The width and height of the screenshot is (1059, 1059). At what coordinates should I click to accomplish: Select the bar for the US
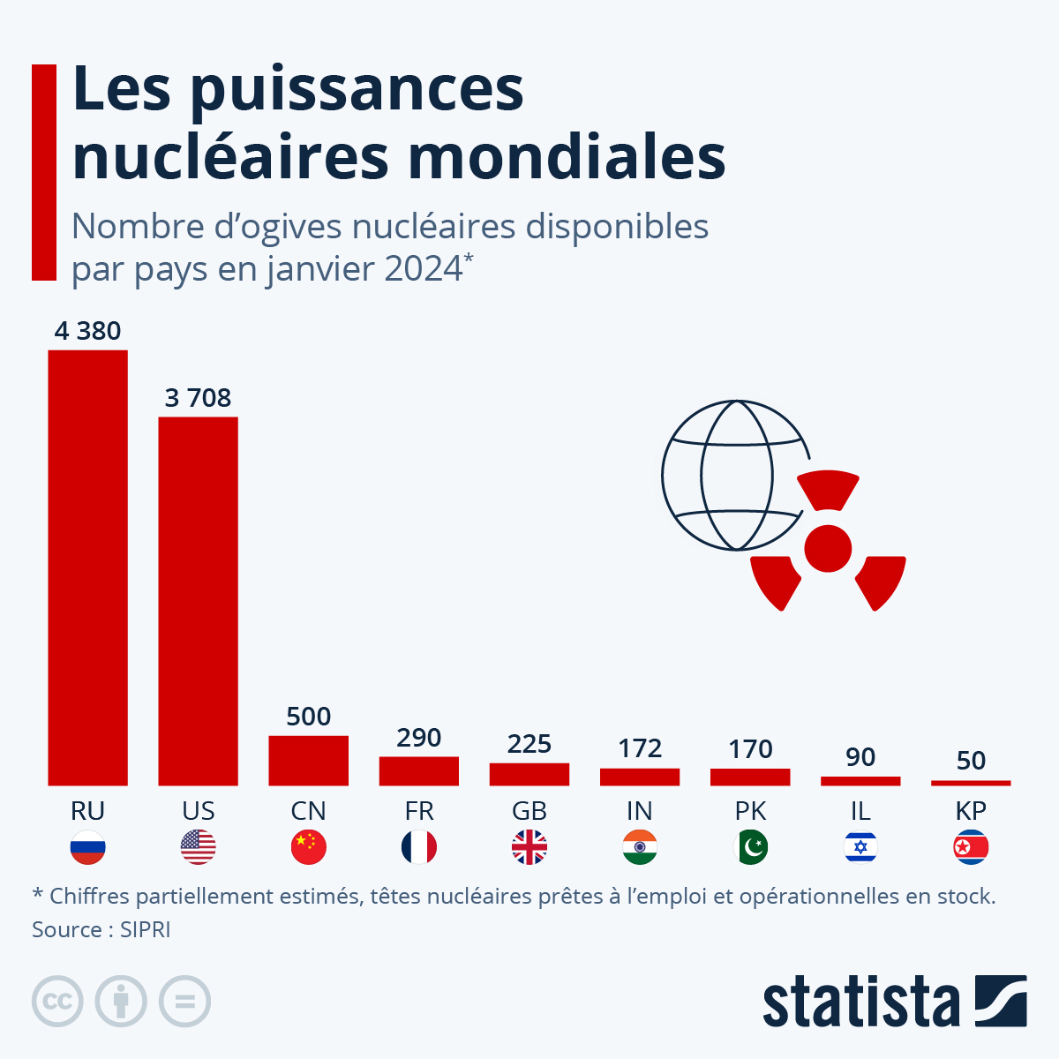198,601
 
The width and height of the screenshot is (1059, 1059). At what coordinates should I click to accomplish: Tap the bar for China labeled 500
308,760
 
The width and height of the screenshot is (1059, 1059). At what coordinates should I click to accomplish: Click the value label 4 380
87,331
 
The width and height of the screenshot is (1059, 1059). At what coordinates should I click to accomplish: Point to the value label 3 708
198,398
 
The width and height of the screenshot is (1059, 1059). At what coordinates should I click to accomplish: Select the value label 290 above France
418,738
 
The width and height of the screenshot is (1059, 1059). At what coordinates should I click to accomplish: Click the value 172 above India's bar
639,748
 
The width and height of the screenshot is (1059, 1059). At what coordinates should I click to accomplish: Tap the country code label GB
529,810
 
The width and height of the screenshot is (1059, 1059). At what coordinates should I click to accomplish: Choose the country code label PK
749,810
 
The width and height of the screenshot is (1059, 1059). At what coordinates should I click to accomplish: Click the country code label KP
970,810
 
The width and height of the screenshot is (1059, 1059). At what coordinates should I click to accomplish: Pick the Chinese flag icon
308,847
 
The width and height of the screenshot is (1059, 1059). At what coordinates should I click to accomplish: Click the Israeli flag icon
860,847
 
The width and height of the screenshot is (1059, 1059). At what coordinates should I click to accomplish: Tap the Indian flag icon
639,847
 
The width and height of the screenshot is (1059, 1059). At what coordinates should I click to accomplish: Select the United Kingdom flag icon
529,847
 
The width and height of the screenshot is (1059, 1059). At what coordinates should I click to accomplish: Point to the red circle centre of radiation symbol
828,548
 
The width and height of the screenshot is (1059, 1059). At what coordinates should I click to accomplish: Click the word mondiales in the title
566,157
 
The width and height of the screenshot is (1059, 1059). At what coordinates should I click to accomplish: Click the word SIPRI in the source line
145,929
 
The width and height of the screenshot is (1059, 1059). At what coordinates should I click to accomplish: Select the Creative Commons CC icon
57,1002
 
